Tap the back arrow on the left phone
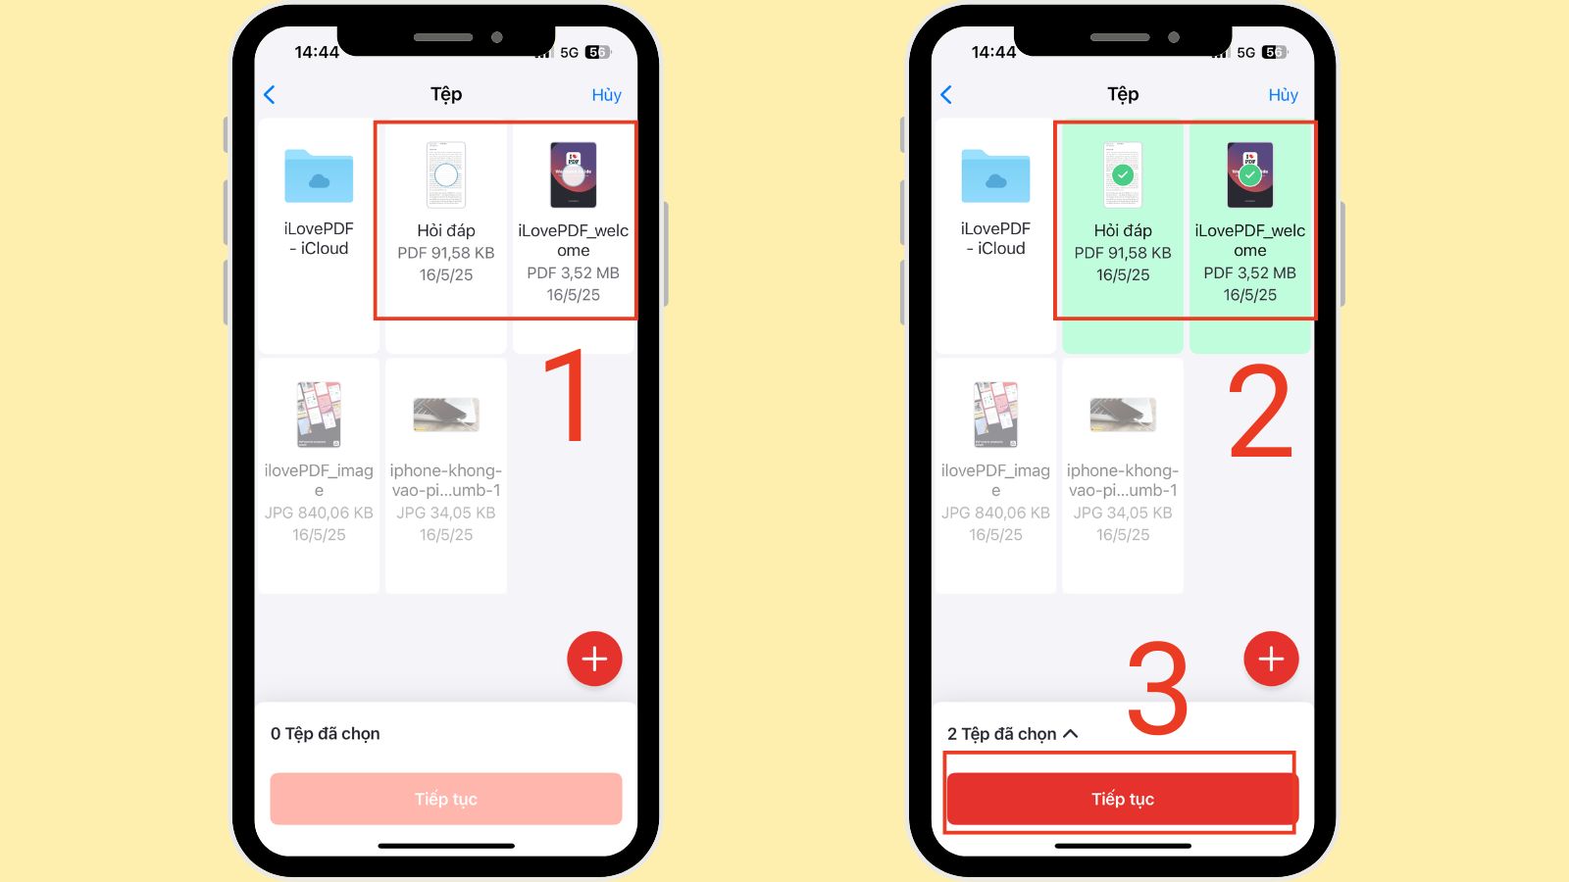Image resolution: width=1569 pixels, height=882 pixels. (270, 95)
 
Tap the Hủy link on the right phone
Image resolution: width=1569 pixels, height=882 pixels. (1283, 95)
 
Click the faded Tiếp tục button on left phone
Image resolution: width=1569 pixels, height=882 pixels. (446, 799)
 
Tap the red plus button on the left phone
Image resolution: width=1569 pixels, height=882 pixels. (594, 659)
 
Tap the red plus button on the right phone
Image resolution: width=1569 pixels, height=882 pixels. (1271, 659)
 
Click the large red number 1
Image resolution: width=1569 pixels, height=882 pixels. (569, 397)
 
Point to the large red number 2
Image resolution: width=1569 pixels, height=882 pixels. (1261, 412)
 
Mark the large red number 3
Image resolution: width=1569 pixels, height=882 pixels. (1157, 688)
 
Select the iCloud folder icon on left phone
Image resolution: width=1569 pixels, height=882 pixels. (319, 176)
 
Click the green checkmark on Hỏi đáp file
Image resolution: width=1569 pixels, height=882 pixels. (1123, 175)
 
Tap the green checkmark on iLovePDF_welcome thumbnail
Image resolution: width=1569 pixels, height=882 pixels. (1249, 175)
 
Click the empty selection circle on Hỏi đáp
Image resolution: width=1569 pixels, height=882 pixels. (446, 175)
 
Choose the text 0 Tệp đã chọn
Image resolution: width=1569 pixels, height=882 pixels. (326, 734)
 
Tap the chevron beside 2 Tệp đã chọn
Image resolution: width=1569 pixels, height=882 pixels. (1071, 734)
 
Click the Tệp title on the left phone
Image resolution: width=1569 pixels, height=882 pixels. (446, 94)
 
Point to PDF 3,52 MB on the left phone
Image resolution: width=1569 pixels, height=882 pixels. (573, 273)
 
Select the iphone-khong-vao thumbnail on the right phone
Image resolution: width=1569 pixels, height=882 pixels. (1123, 415)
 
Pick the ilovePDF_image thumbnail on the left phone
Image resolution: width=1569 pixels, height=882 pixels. (319, 415)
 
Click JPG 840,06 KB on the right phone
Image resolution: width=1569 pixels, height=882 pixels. (995, 513)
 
